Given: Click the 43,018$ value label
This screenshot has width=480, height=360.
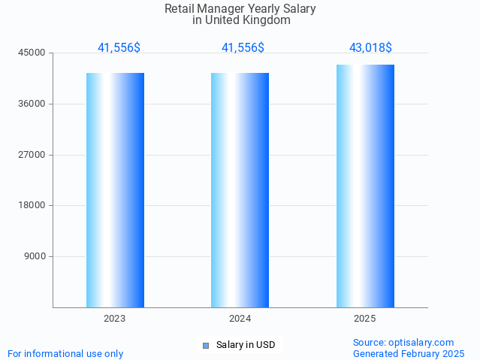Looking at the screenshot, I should pyautogui.click(x=370, y=48).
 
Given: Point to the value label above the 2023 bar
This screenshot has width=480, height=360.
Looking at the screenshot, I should pyautogui.click(x=119, y=48).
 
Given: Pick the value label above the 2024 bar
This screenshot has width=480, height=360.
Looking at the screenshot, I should pyautogui.click(x=243, y=48).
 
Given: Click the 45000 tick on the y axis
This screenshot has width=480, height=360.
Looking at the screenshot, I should pyautogui.click(x=34, y=53).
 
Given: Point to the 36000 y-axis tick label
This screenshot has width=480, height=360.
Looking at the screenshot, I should pyautogui.click(x=34, y=104).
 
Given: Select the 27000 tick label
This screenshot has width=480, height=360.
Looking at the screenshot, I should pyautogui.click(x=34, y=155).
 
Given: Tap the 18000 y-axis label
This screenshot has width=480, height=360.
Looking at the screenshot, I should pyautogui.click(x=34, y=205).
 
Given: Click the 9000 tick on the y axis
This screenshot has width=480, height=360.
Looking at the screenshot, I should pyautogui.click(x=36, y=256).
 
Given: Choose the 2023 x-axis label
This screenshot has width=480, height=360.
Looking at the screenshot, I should pyautogui.click(x=115, y=319).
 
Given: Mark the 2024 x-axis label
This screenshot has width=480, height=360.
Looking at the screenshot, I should pyautogui.click(x=240, y=319).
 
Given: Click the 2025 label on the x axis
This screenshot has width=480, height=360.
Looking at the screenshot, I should pyautogui.click(x=365, y=319).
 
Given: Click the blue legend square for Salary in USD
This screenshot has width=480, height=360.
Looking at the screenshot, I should pyautogui.click(x=205, y=346).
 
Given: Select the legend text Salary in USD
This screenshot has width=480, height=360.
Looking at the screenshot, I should pyautogui.click(x=246, y=346).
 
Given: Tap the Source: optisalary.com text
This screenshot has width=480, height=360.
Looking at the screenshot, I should pyautogui.click(x=403, y=343).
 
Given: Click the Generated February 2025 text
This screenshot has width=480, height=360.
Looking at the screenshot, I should pyautogui.click(x=409, y=353).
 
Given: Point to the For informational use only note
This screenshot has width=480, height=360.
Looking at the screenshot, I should pyautogui.click(x=65, y=353).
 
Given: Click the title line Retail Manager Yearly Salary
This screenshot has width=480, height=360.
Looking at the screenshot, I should pyautogui.click(x=240, y=9).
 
